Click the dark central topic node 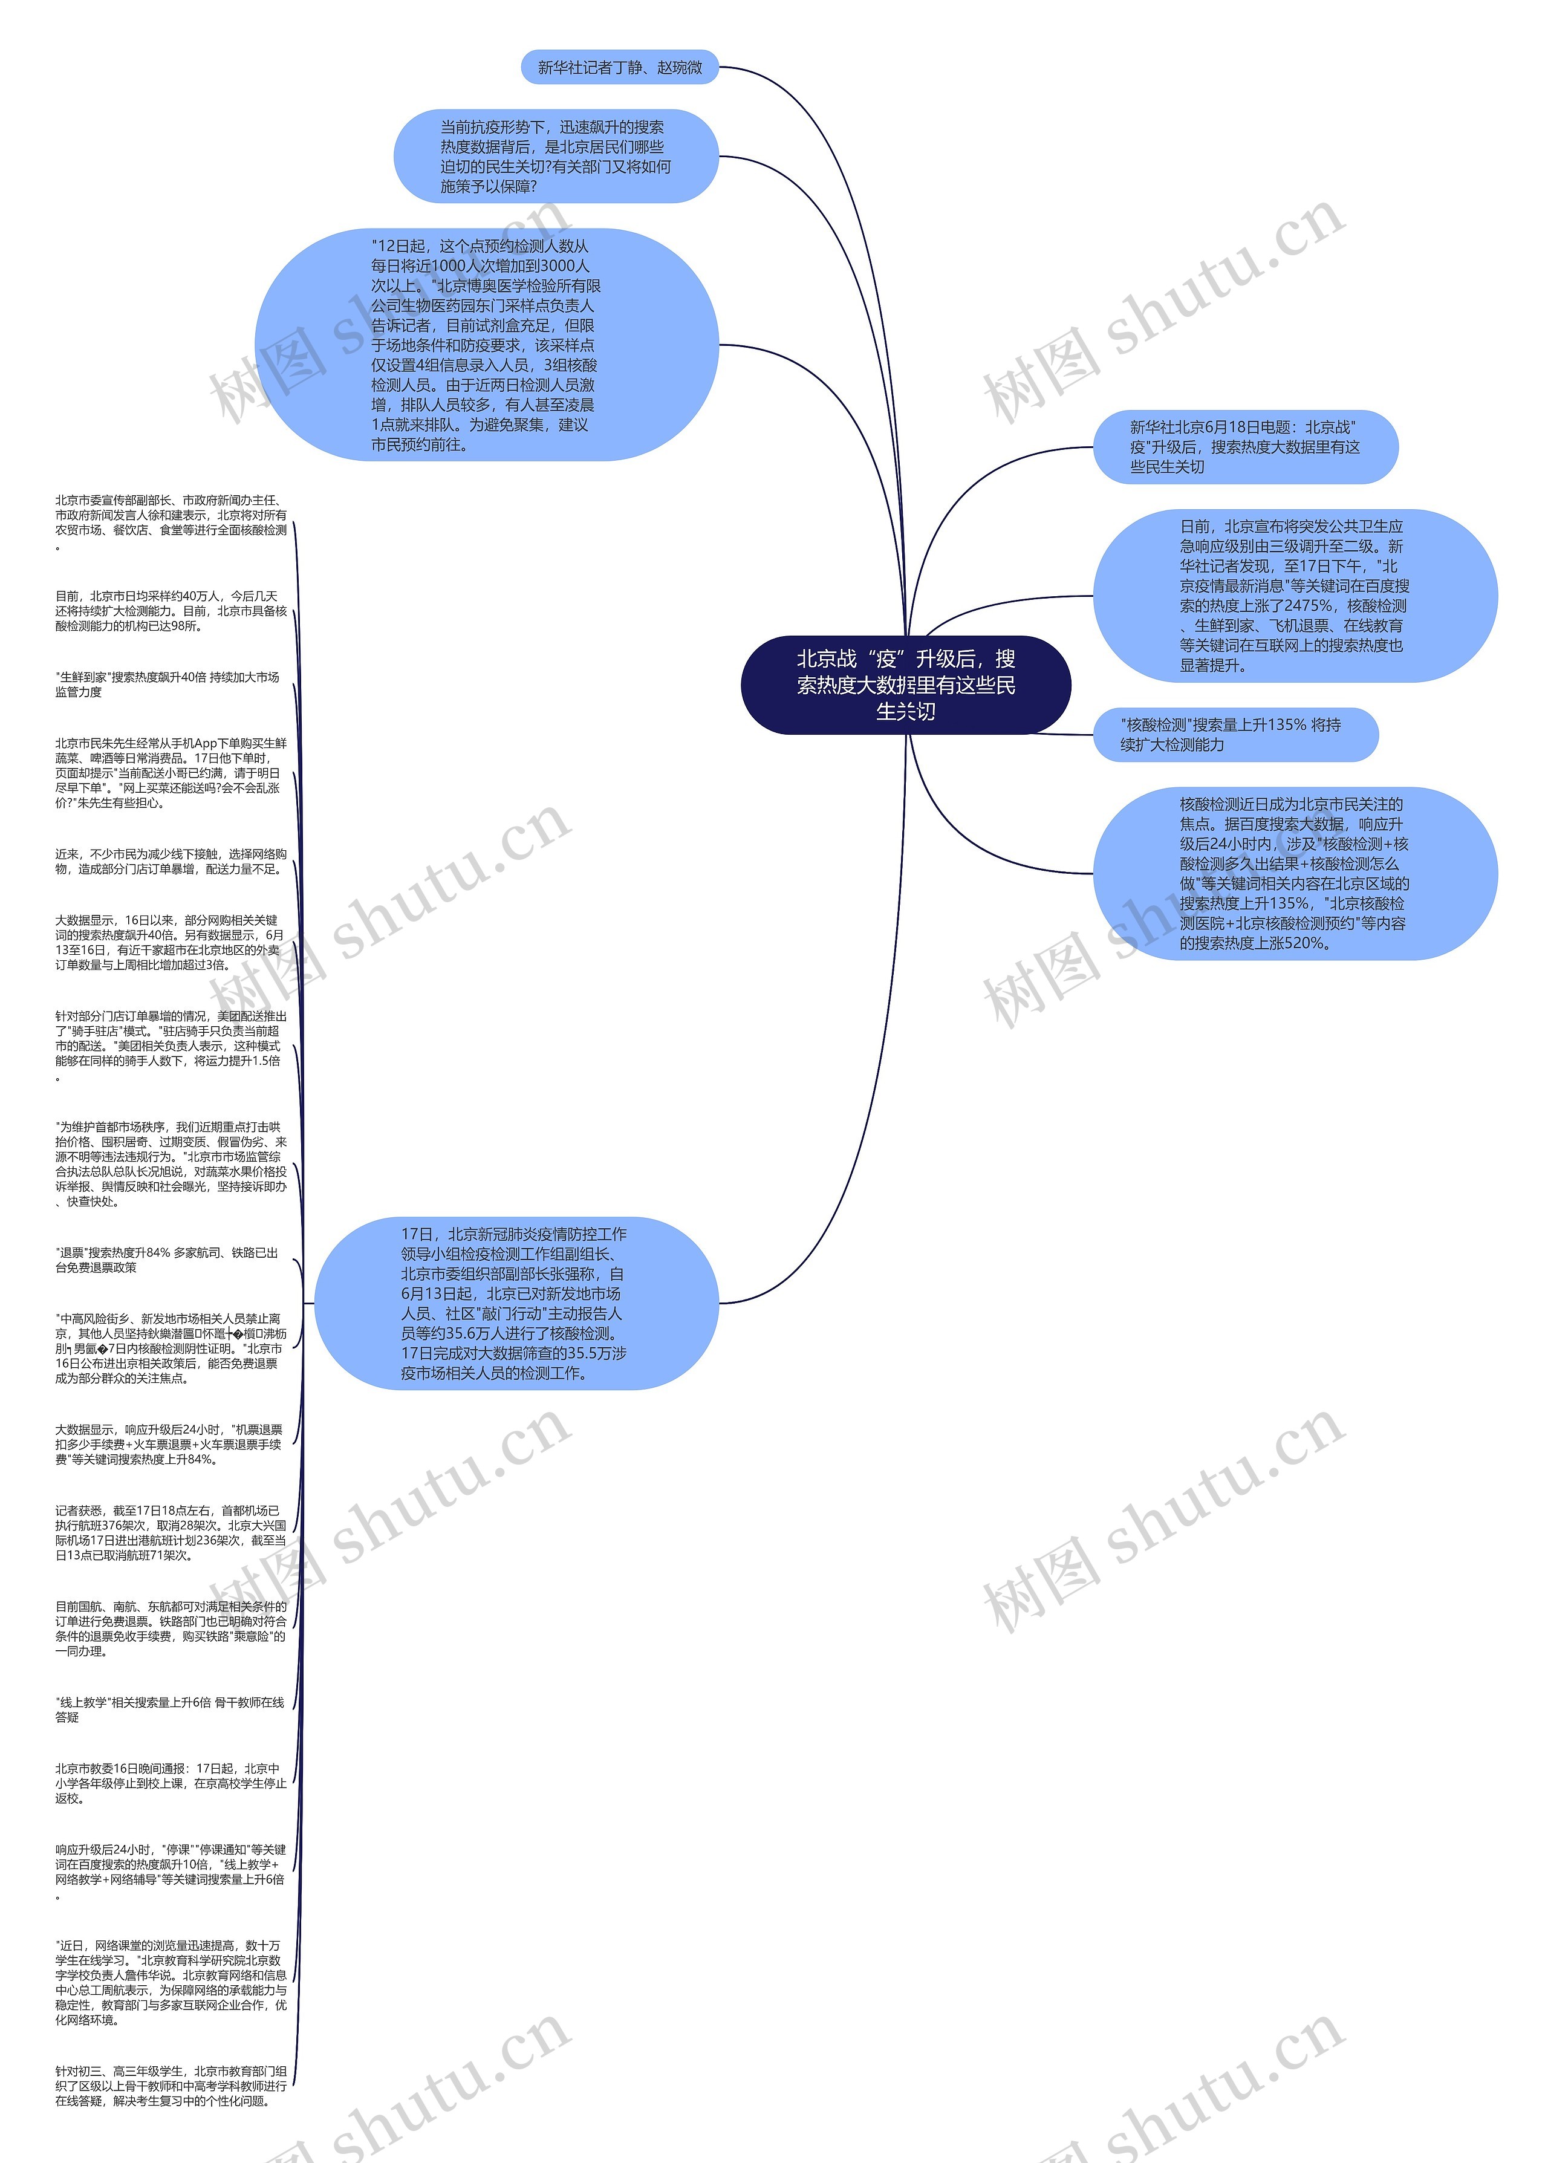[906, 685]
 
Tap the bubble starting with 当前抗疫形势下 [556, 157]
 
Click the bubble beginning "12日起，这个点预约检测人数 [486, 345]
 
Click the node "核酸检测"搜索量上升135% [1234, 735]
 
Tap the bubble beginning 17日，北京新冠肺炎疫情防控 [516, 1303]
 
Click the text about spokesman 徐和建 [171, 522]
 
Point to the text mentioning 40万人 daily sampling [171, 611]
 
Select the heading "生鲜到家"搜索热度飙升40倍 [167, 685]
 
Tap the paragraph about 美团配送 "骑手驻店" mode [171, 1046]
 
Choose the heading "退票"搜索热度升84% [167, 1260]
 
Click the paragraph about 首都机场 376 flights [171, 1533]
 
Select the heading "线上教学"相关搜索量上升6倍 [170, 1709]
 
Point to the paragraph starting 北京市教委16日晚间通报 [171, 1783]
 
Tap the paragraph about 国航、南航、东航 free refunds [171, 1629]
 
